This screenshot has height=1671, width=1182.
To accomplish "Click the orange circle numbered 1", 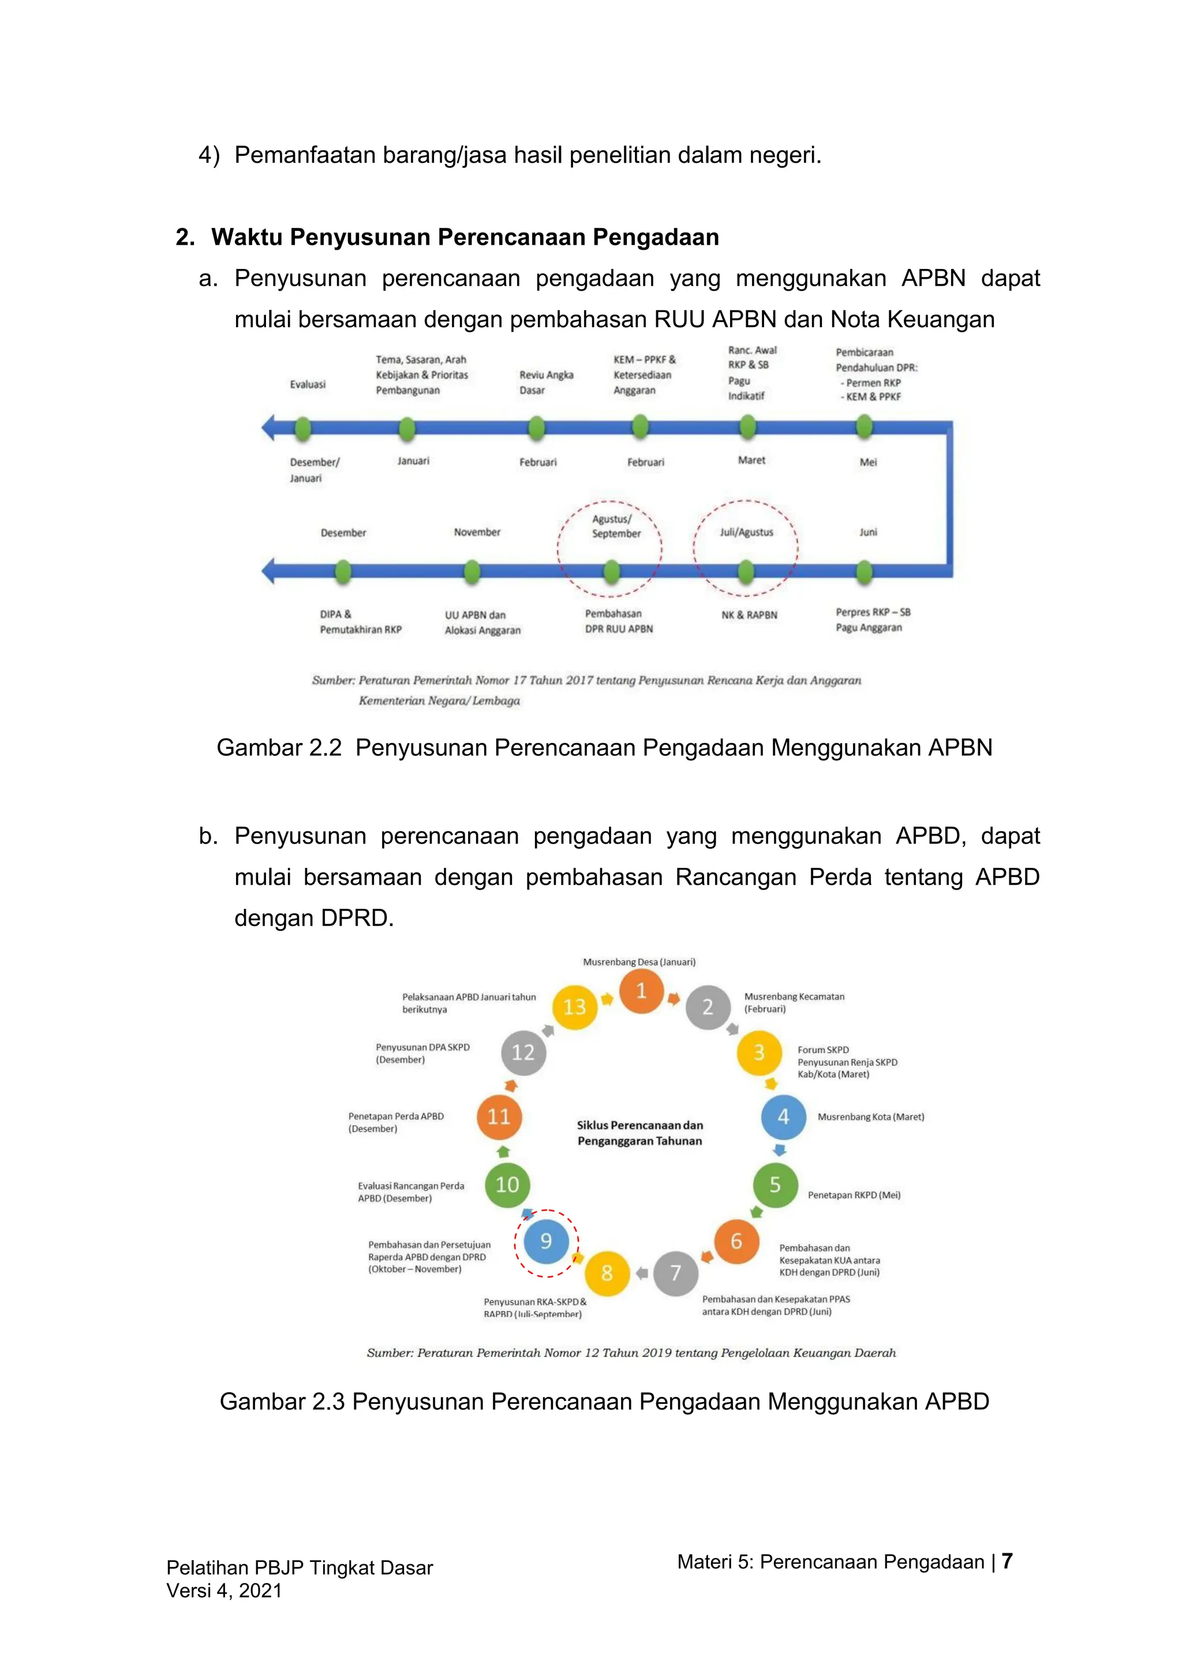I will pyautogui.click(x=641, y=991).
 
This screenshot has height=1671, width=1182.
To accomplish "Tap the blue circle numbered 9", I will pyautogui.click(x=546, y=1240).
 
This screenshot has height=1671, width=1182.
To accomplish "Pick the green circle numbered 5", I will pyautogui.click(x=775, y=1185).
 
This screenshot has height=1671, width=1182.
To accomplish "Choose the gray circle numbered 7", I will pyautogui.click(x=675, y=1273).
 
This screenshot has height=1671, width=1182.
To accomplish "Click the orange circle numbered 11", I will pyautogui.click(x=499, y=1117).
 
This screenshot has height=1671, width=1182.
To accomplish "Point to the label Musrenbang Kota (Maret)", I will pyautogui.click(x=870, y=1117).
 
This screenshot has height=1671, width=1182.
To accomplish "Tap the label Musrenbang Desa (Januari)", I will pyautogui.click(x=639, y=961).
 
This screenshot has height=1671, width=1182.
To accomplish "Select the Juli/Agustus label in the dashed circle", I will pyautogui.click(x=746, y=532).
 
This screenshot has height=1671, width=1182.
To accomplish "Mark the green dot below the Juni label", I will pyautogui.click(x=864, y=572).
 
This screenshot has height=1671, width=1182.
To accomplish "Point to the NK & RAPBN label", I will pyautogui.click(x=749, y=615).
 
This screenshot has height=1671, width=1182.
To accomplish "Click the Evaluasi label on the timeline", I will pyautogui.click(x=308, y=384).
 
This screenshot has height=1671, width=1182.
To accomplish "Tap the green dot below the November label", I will pyautogui.click(x=472, y=572).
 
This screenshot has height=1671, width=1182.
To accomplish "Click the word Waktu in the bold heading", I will pyautogui.click(x=247, y=237).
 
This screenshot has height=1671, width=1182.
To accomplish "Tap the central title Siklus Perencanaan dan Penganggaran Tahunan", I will pyautogui.click(x=639, y=1133).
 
